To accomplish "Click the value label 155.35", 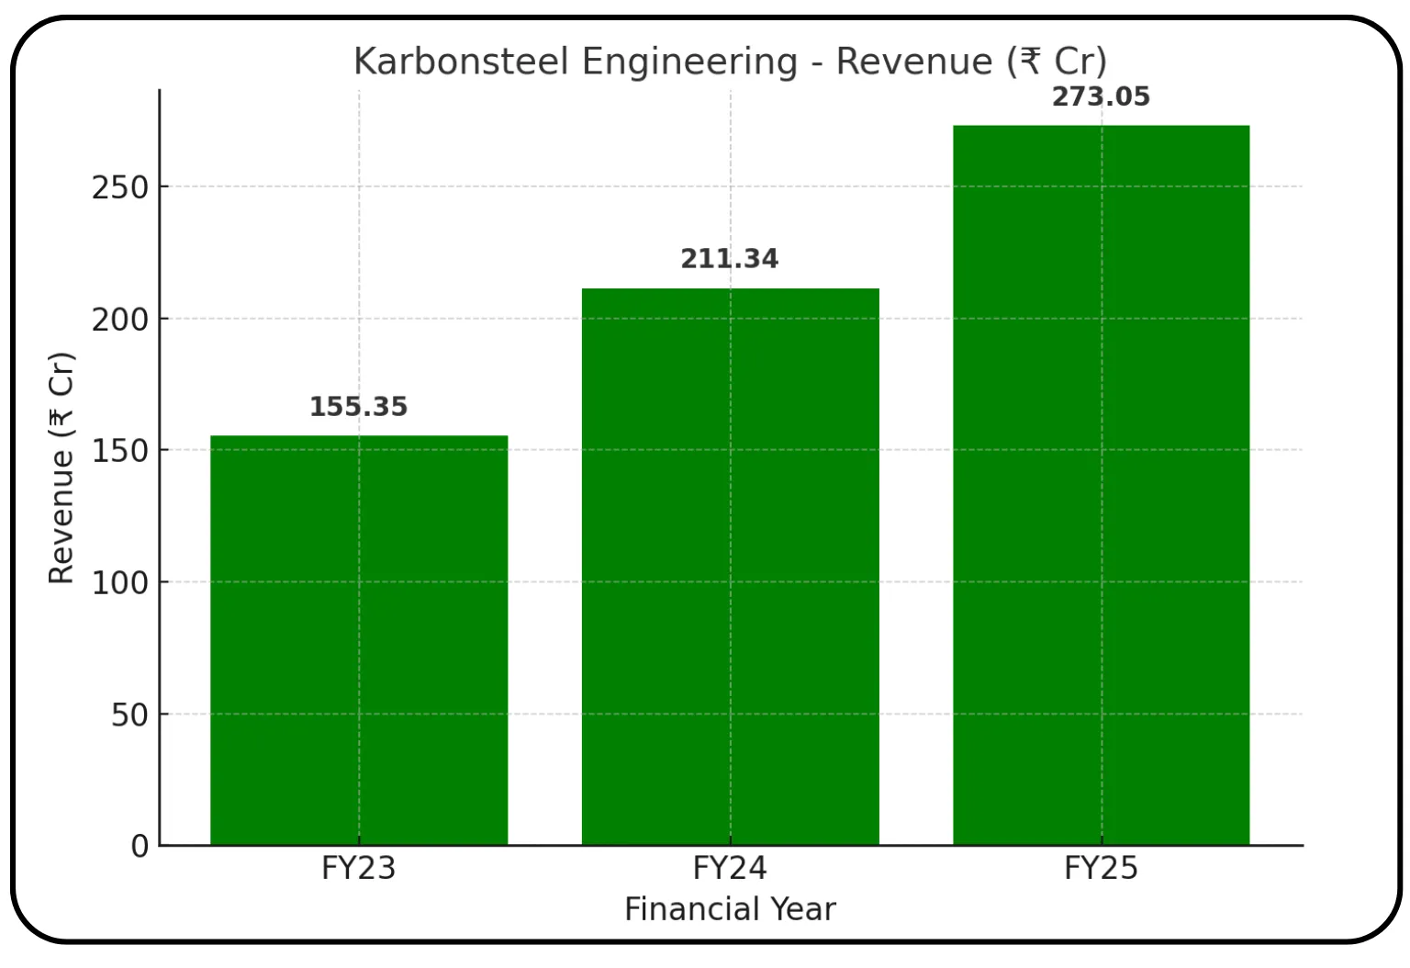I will [x=358, y=407].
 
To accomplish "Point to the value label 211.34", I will [x=729, y=259].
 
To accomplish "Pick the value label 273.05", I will [x=1101, y=96].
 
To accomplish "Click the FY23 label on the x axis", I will [x=358, y=868].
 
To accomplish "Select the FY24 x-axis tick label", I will [x=730, y=868].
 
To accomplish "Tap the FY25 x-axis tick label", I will [x=1101, y=868].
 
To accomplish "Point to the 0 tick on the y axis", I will [x=140, y=846].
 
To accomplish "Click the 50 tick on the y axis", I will [x=129, y=715].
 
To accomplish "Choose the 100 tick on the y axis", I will [x=119, y=582].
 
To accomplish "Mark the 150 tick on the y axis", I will [x=119, y=451].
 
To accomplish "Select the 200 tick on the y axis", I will [x=119, y=320].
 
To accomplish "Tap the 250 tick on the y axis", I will [x=119, y=187].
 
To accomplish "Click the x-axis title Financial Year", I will [x=730, y=909].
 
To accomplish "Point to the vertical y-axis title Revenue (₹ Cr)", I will [x=61, y=467].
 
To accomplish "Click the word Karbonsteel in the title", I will [x=462, y=62].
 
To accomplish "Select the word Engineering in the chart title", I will [x=689, y=62].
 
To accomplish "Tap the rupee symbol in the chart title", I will [x=1030, y=62].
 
